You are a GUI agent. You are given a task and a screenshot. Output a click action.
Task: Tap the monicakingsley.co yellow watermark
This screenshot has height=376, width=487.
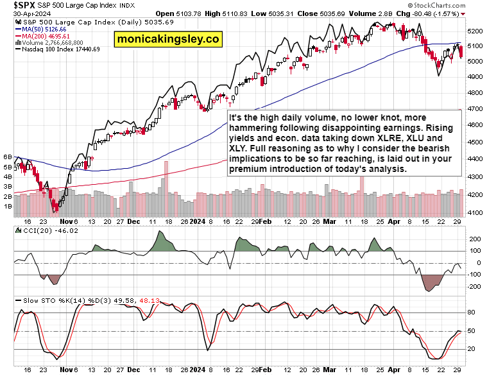[167, 40]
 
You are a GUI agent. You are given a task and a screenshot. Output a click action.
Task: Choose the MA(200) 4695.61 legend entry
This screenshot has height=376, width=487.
[41, 36]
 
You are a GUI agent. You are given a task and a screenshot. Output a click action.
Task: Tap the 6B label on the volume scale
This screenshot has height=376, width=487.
[8, 157]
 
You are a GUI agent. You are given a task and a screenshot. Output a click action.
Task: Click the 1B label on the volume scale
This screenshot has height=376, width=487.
[8, 206]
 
